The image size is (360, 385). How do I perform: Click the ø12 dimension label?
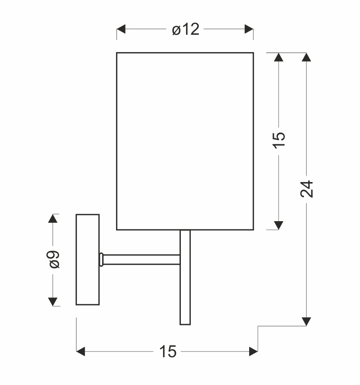pos(186,30)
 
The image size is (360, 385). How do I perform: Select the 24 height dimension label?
pos(307,189)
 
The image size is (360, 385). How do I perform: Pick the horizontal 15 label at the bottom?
pos(167,352)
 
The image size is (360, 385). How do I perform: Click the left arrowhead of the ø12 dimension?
pos(121,30)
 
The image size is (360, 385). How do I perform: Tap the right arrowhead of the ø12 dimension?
pos(249,30)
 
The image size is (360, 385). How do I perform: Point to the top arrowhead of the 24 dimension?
pos(307,57)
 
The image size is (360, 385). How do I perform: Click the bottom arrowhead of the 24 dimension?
pos(307,321)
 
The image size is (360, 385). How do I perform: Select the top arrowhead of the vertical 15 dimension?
pos(279,57)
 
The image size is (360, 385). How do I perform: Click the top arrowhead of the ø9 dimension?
pos(53,219)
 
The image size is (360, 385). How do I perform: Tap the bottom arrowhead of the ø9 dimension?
pos(53,301)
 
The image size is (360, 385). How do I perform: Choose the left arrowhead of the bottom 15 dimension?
pos(81,352)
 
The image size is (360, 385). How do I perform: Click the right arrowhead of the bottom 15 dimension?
pos(253,352)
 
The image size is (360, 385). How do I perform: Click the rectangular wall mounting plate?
pos(87,259)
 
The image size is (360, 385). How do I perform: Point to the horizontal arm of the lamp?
pos(141,259)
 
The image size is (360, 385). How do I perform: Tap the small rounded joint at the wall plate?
pos(101,259)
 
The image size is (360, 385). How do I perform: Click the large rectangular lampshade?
pos(185,141)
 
